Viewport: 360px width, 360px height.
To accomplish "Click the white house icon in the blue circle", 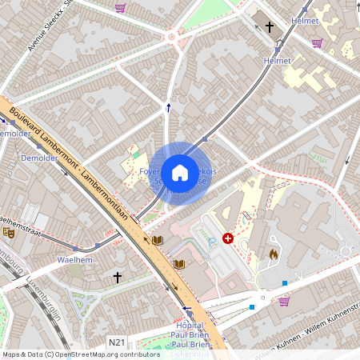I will click(x=179, y=173).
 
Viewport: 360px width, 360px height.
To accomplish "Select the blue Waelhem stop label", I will click(x=75, y=261).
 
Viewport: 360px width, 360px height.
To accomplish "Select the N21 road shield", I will click(x=117, y=342).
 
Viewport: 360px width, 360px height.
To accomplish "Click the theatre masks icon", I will click(x=9, y=233).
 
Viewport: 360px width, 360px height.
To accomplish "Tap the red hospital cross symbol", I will click(x=228, y=238).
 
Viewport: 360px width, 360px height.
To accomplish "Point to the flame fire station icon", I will click(x=273, y=253).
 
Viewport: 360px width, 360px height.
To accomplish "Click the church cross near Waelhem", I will click(x=118, y=278).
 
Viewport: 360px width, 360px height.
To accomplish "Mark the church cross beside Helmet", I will click(x=270, y=28).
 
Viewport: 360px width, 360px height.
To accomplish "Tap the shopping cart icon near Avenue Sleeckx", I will click(x=120, y=8).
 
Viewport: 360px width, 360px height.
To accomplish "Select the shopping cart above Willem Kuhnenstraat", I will click(x=283, y=302).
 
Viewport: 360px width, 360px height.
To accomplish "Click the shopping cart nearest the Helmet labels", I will click(x=317, y=43).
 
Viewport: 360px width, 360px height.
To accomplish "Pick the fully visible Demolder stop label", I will click(x=39, y=158).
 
